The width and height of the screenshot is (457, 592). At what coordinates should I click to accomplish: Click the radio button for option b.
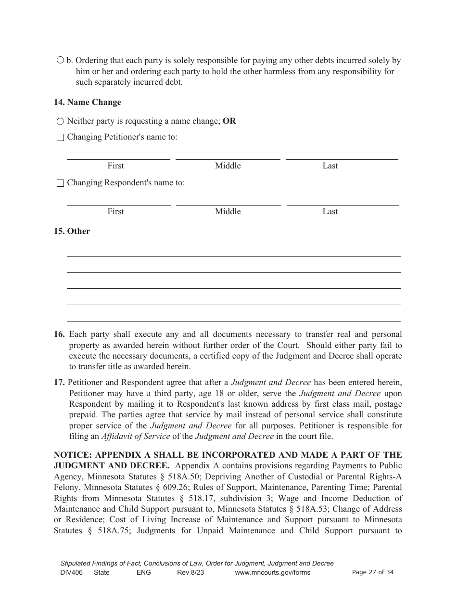(60, 61)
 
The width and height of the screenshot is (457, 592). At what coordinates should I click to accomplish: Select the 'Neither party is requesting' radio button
(60, 122)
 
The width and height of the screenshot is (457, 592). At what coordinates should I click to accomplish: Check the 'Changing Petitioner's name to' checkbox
(60, 138)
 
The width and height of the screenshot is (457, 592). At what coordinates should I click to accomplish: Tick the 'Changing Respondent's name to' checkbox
(60, 183)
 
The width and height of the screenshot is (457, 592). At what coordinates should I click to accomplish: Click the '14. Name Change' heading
(87, 102)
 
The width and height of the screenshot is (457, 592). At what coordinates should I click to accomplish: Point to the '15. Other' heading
(72, 231)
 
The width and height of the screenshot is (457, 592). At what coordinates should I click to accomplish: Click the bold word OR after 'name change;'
(229, 121)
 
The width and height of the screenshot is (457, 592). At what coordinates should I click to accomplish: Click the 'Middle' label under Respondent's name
(228, 211)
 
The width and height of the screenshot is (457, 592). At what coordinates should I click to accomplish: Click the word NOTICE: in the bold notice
(73, 455)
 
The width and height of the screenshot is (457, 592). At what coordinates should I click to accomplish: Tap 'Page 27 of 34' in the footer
(373, 572)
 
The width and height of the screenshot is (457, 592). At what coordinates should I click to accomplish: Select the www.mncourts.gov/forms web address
(272, 572)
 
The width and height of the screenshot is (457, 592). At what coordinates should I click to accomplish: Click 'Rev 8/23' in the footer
(190, 572)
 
